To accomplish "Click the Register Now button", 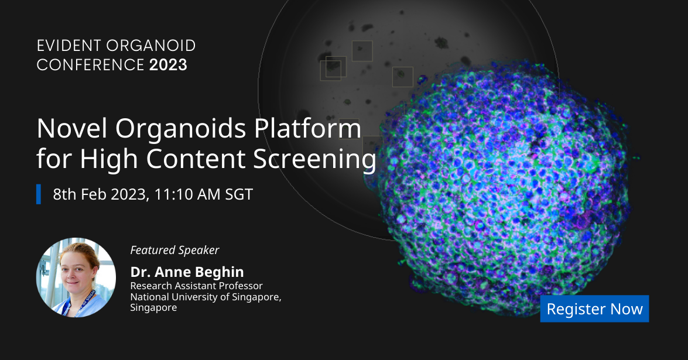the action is point(594,308).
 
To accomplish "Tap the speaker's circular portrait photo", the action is point(76,277).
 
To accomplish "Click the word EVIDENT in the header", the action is point(69,46).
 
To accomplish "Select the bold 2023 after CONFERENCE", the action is point(168,65).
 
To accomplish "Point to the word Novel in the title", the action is point(72,128).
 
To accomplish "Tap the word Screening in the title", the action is point(314,159).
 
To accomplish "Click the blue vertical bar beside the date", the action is point(39,194).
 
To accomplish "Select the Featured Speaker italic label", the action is point(174,250).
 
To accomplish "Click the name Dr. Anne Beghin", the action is point(187,272).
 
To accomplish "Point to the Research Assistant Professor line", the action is point(196,286).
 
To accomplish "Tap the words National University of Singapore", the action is point(206,297).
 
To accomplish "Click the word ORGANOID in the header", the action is point(151,46).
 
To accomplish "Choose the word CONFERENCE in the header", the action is point(90,65).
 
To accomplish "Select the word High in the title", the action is point(109,159).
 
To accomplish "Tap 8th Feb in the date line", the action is point(80,194).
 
